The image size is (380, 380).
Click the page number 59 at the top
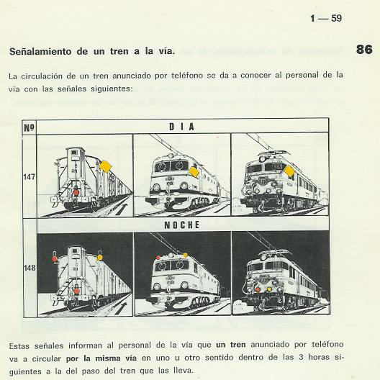pos(336,18)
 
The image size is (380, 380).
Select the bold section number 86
pos(364,50)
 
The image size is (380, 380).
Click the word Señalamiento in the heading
pos(40,51)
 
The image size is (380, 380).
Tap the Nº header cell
pos(29,127)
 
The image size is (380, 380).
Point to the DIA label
pos(182,127)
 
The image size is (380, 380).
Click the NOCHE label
pos(182,225)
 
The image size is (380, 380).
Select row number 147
pos(29,177)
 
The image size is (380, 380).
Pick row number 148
pos(30,268)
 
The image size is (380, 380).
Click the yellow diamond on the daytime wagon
pos(106,166)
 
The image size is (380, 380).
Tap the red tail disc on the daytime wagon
pos(76,192)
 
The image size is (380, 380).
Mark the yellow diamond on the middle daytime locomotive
pos(194,172)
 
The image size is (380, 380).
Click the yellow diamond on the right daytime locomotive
pos(289,171)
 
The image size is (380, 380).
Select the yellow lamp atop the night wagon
pos(100,258)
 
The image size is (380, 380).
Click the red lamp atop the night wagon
pos(55,259)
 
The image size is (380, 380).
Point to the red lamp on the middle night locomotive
pos(158,258)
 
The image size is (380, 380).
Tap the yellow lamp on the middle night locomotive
pos(186,255)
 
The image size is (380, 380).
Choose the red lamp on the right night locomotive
pos(258,289)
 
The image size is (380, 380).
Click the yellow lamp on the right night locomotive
pos(269,289)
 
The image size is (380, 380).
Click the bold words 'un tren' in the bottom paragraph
pos(231,344)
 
